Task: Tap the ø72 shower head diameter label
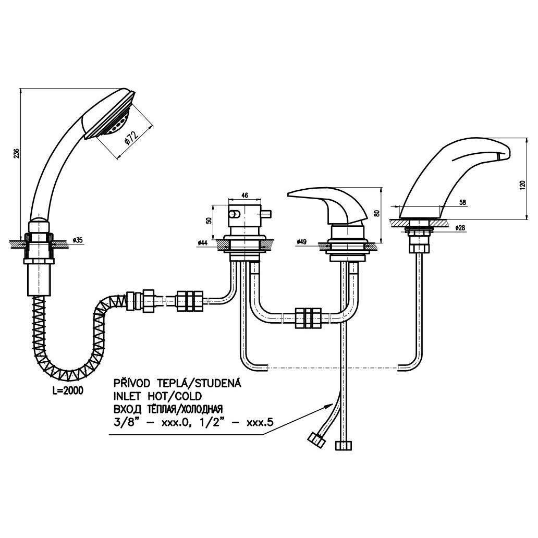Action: pyautogui.click(x=131, y=137)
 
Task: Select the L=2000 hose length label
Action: pyautogui.click(x=68, y=390)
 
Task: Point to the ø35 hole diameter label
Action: pyautogui.click(x=78, y=240)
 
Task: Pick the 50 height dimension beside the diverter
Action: pyautogui.click(x=209, y=221)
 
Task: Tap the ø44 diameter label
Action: pyautogui.click(x=203, y=243)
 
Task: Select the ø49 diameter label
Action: pyautogui.click(x=301, y=242)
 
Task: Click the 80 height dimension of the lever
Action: pyautogui.click(x=377, y=213)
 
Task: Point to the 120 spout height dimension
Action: pyautogui.click(x=522, y=186)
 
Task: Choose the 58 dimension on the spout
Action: pyautogui.click(x=462, y=202)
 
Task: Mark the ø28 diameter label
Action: pyautogui.click(x=461, y=228)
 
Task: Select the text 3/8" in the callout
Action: pyautogui.click(x=125, y=422)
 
